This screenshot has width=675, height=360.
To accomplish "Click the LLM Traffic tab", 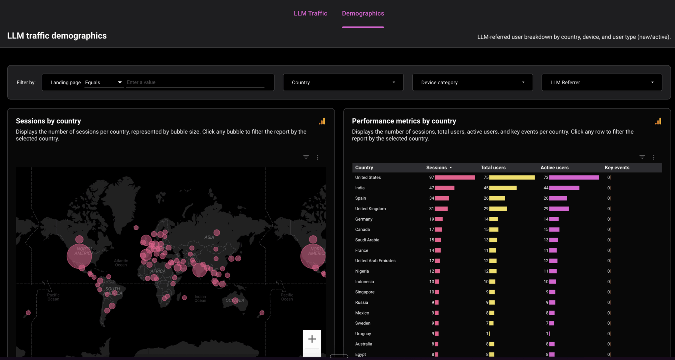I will pos(310,14).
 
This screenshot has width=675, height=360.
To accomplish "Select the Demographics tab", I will pos(363,14).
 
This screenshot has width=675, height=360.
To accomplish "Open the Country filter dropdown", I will pos(343,82).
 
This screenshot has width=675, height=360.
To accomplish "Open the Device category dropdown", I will pos(472,82).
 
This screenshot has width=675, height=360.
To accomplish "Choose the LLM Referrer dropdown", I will pos(602,82).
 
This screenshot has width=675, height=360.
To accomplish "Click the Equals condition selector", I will pos(103,82).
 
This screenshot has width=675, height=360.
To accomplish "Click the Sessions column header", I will pos(436,168).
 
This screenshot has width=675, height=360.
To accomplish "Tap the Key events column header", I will pos(617,168).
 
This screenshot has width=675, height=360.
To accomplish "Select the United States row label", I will pos(368,178).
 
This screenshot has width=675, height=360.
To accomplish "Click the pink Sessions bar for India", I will pos(444,188).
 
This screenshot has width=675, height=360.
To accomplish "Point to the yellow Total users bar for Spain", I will pos(497,198).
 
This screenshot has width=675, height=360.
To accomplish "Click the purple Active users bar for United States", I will pos(574,178).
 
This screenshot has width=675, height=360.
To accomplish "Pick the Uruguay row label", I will pos(363,334).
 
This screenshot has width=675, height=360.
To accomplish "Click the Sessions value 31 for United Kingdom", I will pos(431,209).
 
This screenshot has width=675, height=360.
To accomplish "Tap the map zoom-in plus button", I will pos(312,339).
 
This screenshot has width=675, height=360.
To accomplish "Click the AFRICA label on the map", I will pos(158,271).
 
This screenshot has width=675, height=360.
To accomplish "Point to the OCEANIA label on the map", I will pos(235,301).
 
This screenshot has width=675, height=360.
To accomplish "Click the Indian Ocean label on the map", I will pos(200,298).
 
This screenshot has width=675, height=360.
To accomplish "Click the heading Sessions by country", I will pos(48,121).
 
